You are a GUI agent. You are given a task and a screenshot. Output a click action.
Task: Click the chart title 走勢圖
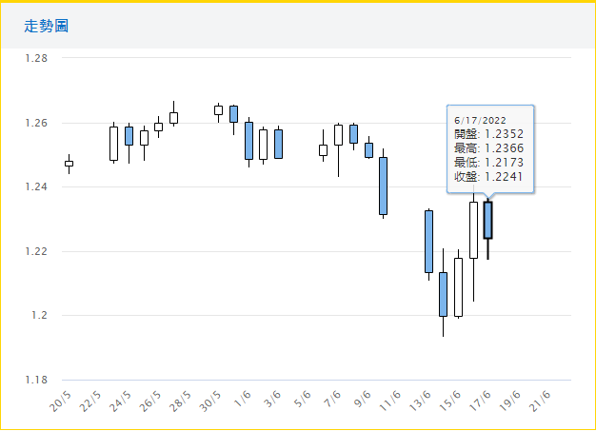(x=46, y=26)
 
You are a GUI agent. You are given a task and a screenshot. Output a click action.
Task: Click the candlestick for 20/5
(x=69, y=164)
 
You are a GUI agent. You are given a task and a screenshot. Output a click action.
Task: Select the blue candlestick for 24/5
(x=129, y=135)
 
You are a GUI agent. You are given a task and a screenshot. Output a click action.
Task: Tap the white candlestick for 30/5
(x=218, y=110)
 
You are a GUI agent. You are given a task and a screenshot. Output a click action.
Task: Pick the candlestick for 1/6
(x=248, y=140)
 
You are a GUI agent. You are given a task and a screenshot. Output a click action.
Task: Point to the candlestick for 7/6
(x=338, y=134)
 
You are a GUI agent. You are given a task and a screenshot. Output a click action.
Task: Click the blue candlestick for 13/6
(x=428, y=241)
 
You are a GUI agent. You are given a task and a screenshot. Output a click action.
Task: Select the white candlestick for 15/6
(x=458, y=286)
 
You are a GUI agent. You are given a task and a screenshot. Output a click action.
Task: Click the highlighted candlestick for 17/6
(x=488, y=219)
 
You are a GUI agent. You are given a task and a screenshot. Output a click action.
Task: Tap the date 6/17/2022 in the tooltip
(x=481, y=120)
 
